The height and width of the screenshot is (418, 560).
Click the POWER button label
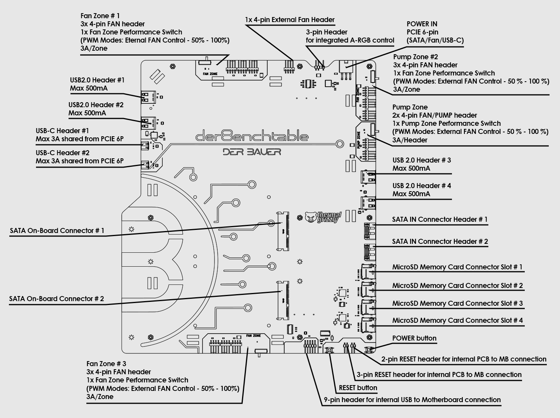(x=414, y=338)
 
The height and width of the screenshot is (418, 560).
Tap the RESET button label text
(x=358, y=388)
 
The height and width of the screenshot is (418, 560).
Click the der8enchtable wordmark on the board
(x=252, y=136)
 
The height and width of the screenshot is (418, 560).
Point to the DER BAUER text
(x=252, y=151)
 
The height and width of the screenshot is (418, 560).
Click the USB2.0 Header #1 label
(x=97, y=80)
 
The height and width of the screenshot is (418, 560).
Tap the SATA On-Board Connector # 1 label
(x=57, y=231)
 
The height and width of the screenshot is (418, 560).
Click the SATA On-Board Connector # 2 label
(x=57, y=299)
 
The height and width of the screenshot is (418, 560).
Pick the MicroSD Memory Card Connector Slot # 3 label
(x=457, y=303)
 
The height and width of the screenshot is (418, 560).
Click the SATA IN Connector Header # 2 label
(x=440, y=242)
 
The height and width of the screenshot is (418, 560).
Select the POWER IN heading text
(x=422, y=24)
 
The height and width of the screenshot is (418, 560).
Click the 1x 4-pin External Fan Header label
(x=290, y=20)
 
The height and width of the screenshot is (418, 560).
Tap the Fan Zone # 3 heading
(x=106, y=364)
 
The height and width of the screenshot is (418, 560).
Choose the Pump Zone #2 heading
(x=416, y=57)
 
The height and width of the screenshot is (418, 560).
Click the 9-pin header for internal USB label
(x=412, y=400)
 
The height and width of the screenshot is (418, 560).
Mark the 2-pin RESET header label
(x=464, y=359)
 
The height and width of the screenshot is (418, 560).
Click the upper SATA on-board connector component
(x=283, y=231)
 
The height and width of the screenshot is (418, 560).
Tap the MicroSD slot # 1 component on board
(x=367, y=271)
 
